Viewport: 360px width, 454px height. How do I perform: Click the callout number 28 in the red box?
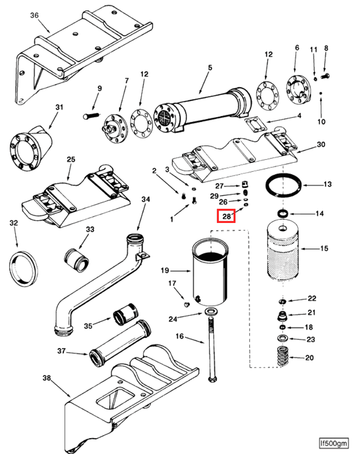[x=226, y=216]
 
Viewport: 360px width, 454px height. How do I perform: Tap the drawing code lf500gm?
[x=334, y=443]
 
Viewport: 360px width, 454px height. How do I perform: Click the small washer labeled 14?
[x=283, y=214]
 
